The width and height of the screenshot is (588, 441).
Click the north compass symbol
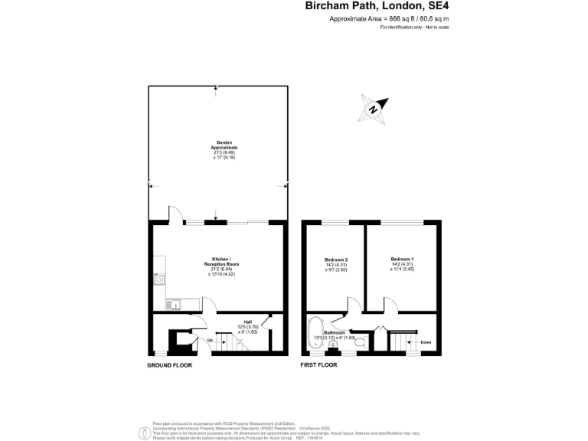(x=374, y=108)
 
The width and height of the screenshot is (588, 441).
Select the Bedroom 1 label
(x=402, y=260)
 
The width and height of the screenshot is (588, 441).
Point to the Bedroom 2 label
(x=337, y=260)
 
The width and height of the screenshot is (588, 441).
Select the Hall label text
(x=247, y=322)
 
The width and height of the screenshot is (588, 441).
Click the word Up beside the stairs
(x=209, y=339)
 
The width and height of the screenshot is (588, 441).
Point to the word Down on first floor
(x=425, y=341)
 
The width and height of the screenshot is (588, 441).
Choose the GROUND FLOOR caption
(x=169, y=366)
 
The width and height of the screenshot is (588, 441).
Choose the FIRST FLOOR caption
(x=318, y=366)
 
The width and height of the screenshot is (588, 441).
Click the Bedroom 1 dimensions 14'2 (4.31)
(x=402, y=265)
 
